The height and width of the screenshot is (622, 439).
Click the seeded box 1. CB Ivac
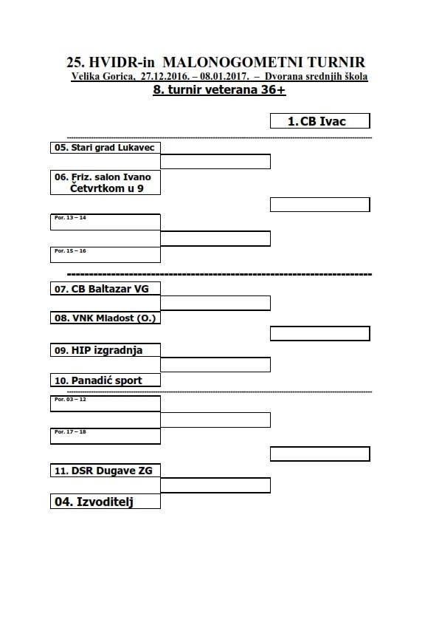(319, 121)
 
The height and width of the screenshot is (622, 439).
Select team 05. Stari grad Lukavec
(106, 148)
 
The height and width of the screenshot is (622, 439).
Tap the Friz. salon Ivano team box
(106, 182)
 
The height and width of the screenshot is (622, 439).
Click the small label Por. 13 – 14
(70, 218)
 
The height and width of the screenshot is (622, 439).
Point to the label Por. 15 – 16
(70, 251)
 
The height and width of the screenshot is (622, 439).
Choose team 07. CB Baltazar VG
(106, 288)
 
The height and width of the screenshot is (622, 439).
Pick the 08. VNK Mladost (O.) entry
(106, 318)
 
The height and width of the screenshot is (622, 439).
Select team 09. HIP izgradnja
(106, 350)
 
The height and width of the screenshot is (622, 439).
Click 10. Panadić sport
(106, 380)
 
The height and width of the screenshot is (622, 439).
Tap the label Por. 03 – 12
(70, 400)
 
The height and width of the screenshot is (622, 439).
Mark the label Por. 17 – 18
(70, 432)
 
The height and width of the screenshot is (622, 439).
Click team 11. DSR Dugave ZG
(106, 471)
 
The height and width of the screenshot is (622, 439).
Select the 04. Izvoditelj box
(106, 502)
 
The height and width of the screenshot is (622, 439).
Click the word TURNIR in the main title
(336, 62)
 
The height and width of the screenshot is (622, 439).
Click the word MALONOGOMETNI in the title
(233, 62)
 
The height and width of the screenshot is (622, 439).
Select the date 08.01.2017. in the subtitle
(224, 76)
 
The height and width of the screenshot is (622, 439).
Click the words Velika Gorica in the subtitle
(103, 76)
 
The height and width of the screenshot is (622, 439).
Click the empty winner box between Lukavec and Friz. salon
(215, 162)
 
